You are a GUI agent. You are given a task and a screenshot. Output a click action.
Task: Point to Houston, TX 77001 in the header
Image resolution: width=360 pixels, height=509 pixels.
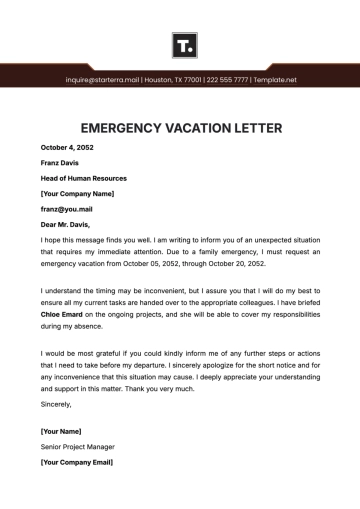(x=174, y=79)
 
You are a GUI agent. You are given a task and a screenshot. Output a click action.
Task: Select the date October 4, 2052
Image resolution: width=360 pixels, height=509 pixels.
(x=64, y=147)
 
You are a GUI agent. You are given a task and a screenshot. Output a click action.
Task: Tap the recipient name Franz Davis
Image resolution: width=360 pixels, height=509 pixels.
(x=58, y=162)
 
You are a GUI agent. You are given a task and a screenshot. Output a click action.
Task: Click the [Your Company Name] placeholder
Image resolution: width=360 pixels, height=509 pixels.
(x=77, y=192)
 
